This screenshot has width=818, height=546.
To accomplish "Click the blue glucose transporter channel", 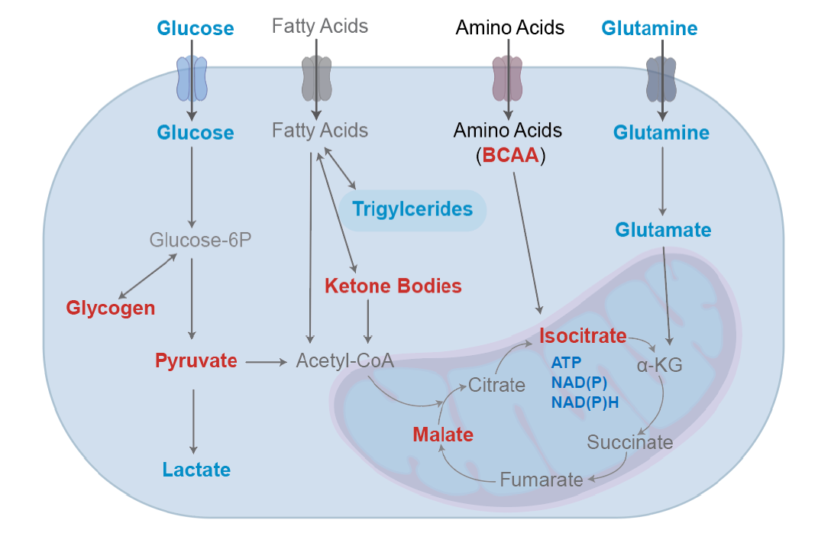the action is [192, 79].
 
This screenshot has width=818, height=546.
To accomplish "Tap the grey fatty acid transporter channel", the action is [317, 79].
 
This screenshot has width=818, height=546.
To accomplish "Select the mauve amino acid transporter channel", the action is [508, 79].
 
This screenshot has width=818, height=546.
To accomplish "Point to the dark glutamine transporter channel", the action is [661, 79].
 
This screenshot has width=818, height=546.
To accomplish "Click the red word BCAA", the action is [510, 156].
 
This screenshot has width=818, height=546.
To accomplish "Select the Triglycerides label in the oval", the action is [412, 209].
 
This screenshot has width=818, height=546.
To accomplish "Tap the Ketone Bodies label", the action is [393, 286].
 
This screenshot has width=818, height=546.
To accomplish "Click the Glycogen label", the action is [111, 308].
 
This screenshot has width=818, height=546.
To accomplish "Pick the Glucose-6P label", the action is [200, 240].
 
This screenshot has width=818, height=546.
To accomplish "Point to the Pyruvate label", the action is [196, 360].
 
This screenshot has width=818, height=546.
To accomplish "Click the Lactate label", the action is [197, 470].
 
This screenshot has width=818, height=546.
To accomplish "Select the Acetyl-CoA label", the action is [344, 360].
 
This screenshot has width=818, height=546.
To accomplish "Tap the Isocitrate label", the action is [583, 336].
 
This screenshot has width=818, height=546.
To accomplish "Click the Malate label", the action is [443, 435].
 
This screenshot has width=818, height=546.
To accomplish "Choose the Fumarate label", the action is [542, 480].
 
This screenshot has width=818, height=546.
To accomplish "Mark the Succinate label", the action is [630, 442].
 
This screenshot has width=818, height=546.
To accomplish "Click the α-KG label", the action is [659, 365].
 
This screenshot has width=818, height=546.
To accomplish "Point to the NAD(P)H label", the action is [585, 402].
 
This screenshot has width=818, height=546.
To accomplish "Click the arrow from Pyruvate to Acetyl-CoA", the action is [267, 362].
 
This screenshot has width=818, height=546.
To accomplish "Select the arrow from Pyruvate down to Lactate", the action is [193, 422].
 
